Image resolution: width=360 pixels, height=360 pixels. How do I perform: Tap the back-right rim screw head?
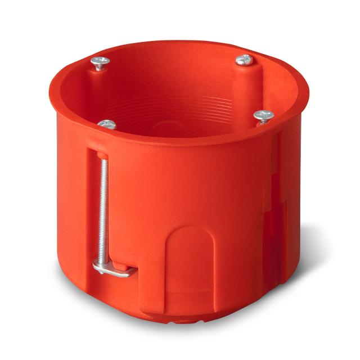pos(244,59)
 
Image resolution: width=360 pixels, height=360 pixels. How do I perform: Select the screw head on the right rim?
pos(263,116)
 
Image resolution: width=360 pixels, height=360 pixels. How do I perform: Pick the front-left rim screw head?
pos(107,124)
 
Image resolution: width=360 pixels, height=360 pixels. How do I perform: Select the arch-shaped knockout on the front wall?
pos(190,253)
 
